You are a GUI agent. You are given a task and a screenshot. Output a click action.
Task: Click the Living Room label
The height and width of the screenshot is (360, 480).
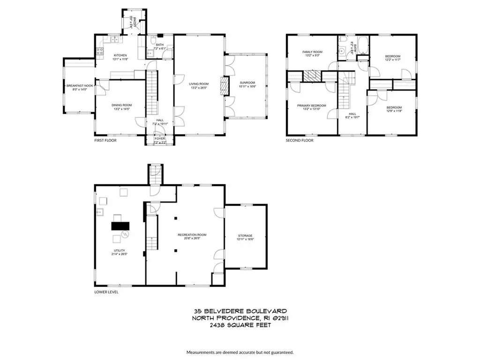(198, 84)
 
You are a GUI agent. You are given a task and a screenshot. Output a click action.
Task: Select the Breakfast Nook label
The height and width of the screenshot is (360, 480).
(80, 85)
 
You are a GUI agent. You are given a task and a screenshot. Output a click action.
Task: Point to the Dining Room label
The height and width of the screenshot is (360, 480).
(121, 105)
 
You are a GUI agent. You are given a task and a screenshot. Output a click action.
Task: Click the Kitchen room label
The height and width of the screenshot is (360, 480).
(120, 55)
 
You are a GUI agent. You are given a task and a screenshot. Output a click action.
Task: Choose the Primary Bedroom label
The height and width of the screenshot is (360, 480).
(311, 106)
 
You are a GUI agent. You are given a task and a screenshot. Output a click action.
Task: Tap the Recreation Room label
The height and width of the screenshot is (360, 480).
(192, 235)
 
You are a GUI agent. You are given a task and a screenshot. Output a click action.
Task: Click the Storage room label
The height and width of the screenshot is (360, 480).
(245, 235)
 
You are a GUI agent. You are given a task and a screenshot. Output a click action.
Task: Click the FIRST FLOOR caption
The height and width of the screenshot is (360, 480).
(105, 140)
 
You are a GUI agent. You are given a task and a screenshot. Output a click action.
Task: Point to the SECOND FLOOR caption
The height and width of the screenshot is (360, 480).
(300, 140)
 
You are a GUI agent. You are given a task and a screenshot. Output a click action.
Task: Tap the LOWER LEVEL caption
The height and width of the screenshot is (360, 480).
(106, 292)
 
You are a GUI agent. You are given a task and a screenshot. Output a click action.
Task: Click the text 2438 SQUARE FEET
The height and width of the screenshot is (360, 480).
(240, 324)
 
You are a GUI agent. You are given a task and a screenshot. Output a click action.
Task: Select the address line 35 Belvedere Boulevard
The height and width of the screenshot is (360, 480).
(240, 311)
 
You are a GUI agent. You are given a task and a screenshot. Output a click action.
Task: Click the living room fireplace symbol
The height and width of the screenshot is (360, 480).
(224, 87)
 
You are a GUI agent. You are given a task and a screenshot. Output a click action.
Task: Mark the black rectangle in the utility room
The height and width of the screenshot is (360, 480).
(120, 225)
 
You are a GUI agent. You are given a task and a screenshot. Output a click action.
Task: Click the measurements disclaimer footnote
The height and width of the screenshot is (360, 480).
(240, 352)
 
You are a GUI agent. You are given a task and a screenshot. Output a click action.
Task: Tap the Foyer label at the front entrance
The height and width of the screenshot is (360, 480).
(160, 139)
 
